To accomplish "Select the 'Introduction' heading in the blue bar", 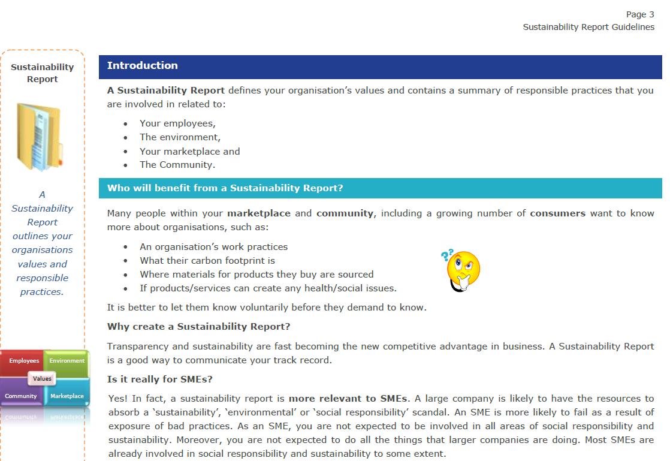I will (143, 66).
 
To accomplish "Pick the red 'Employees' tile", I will (23, 361).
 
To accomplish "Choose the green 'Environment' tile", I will (67, 361).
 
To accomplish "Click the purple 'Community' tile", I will (21, 396).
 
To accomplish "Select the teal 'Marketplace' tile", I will (67, 396).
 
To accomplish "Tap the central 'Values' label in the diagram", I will (42, 378).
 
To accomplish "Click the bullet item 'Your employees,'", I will (177, 123).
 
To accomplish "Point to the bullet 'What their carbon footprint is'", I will (207, 261).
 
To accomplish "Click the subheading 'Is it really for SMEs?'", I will (160, 379).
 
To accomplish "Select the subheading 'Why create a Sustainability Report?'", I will (198, 327).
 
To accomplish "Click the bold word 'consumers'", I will (557, 213).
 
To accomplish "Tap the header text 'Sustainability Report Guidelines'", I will (588, 27).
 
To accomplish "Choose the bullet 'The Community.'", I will (177, 165).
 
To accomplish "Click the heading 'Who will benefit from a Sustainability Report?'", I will (225, 188).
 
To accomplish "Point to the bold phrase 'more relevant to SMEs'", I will (348, 399).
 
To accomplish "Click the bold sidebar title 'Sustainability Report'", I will (42, 73).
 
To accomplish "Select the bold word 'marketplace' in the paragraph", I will (259, 213).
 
